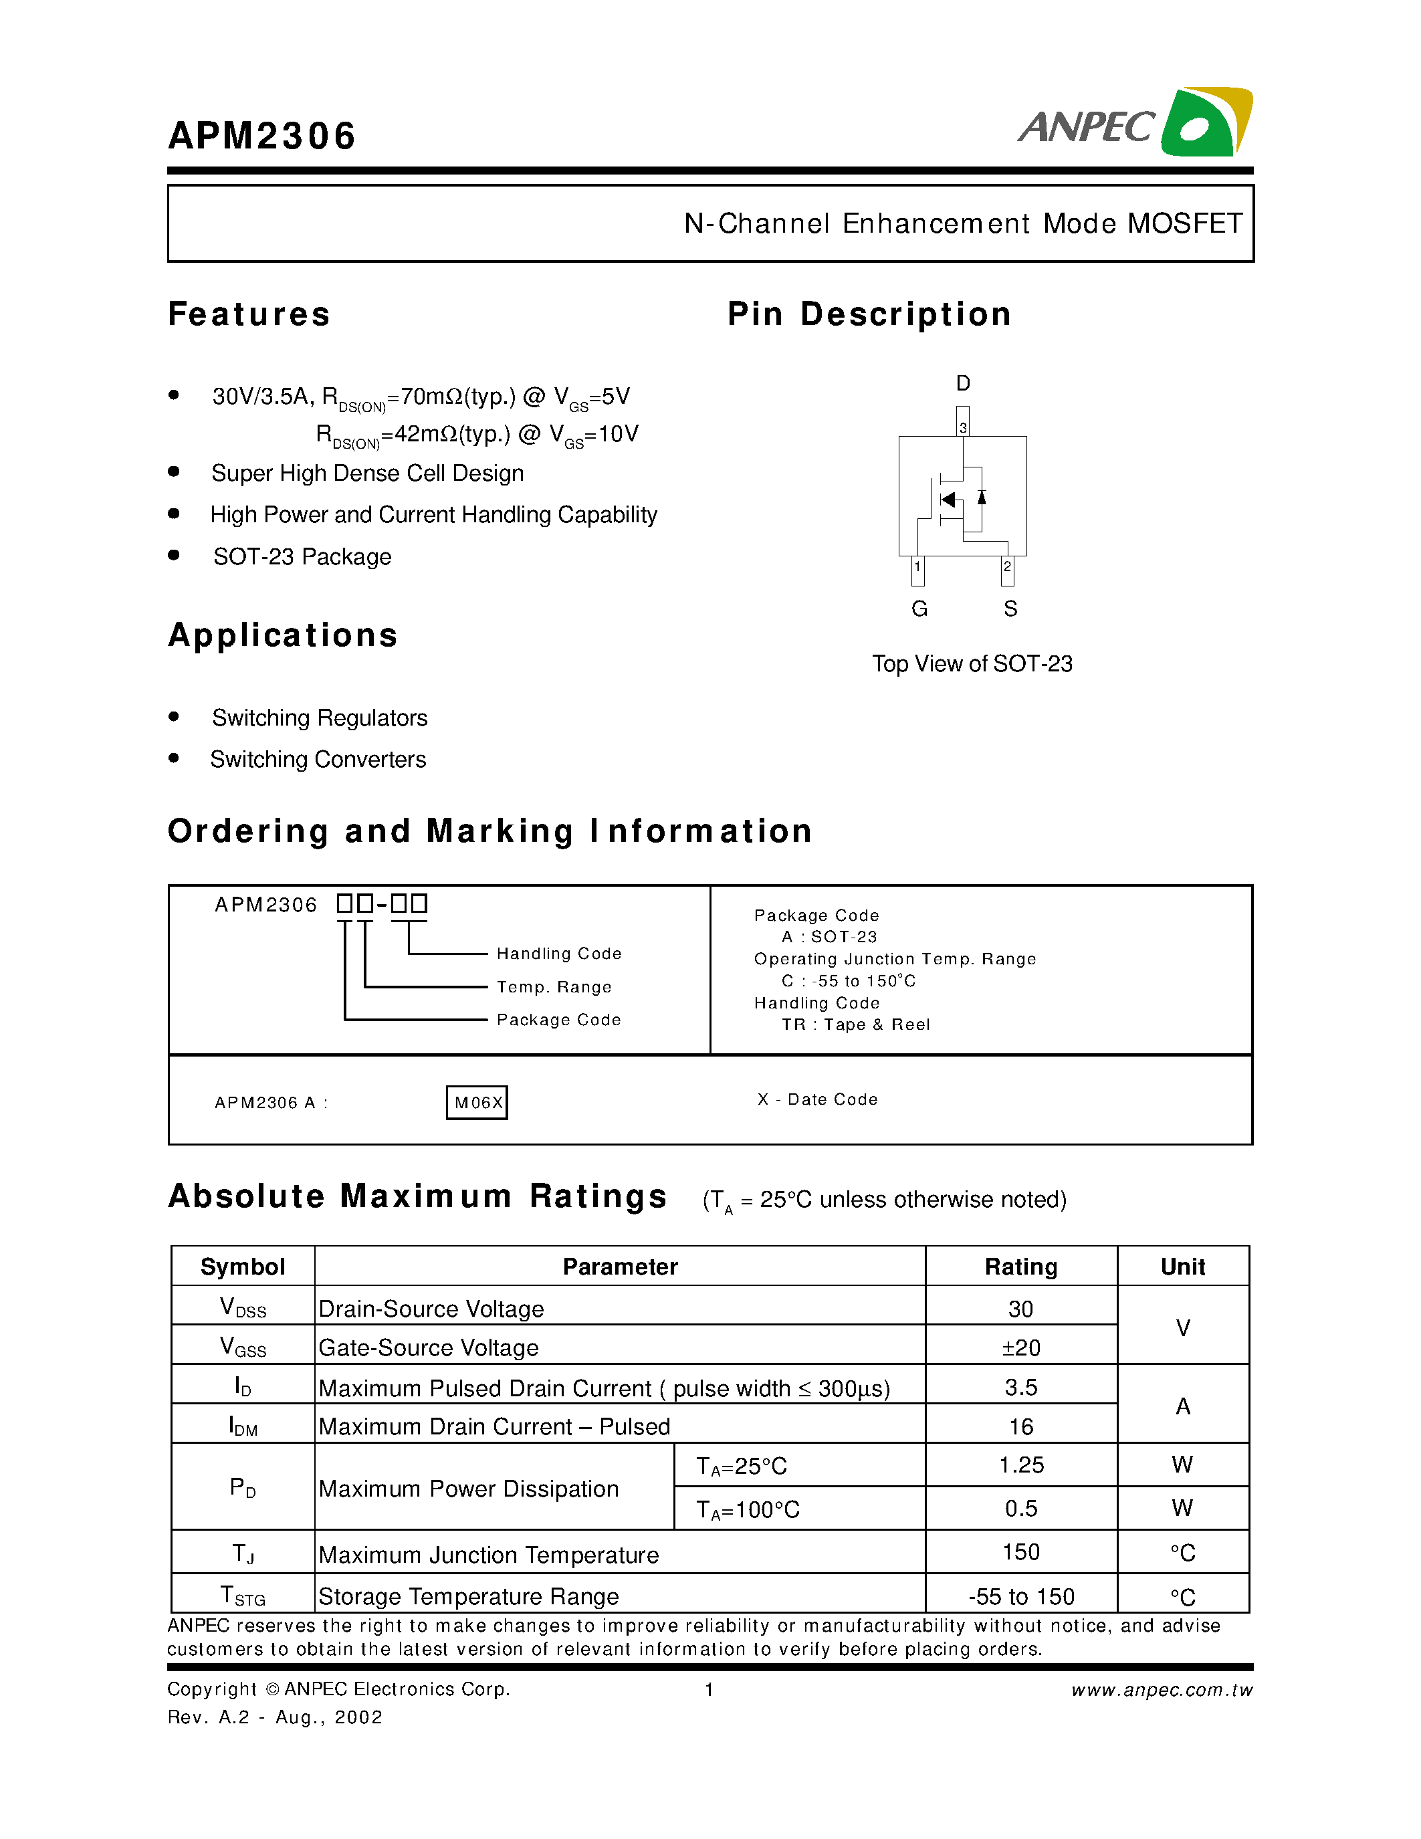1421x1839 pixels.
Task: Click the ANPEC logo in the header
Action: tap(1135, 124)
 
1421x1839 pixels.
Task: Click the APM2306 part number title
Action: tap(262, 136)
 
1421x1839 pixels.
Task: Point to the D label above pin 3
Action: tap(962, 384)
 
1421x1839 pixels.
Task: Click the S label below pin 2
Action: tap(1010, 609)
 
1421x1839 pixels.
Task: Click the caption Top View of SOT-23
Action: tap(972, 664)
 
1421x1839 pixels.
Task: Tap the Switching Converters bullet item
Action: tap(318, 760)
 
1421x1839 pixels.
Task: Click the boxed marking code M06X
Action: tap(477, 1103)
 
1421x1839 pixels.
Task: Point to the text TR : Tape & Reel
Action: tap(855, 1024)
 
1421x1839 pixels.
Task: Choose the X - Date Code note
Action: tap(817, 1099)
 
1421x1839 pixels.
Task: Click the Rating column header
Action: tap(1020, 1267)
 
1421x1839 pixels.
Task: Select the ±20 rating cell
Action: tap(1020, 1348)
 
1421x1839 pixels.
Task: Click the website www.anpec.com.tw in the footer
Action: tap(1161, 1690)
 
